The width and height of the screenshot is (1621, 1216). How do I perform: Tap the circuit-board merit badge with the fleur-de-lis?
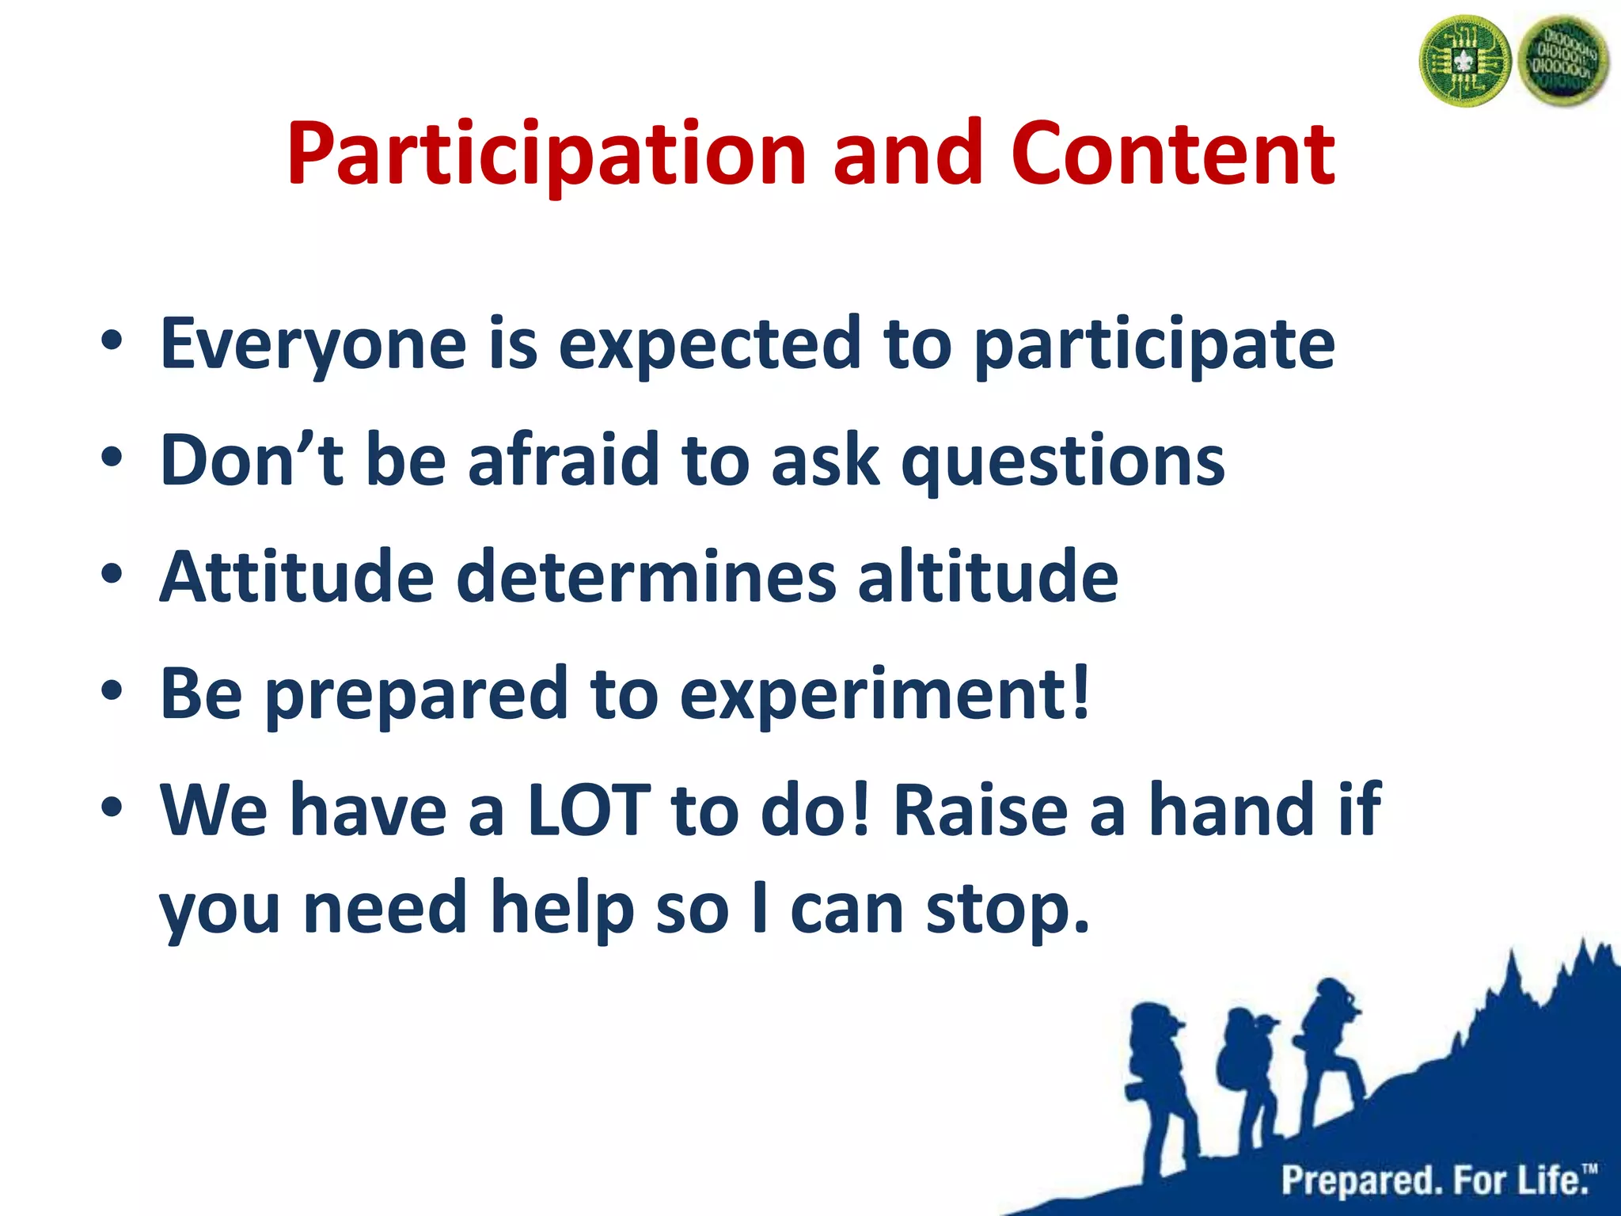(1464, 62)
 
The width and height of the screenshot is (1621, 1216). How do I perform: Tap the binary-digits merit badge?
(1566, 62)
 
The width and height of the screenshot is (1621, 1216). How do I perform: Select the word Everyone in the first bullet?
(313, 344)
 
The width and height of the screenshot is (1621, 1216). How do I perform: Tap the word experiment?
(885, 694)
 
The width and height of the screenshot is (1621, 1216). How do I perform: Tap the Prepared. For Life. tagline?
(1437, 1180)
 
